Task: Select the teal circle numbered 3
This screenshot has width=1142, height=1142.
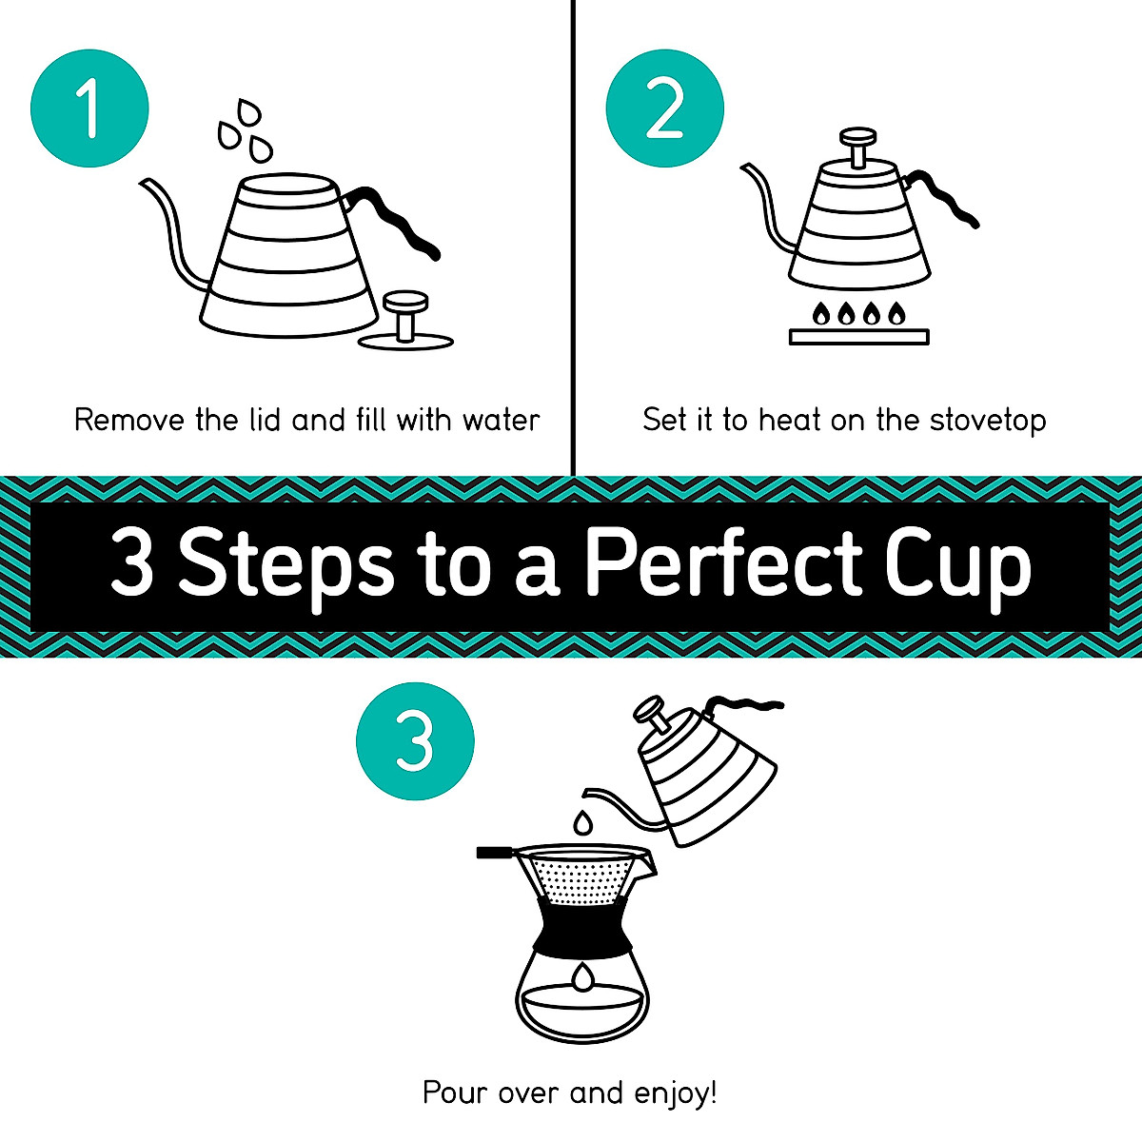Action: (x=415, y=740)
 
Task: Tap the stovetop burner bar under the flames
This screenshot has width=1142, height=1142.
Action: (x=858, y=336)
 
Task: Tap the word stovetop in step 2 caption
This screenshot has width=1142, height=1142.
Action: (x=988, y=421)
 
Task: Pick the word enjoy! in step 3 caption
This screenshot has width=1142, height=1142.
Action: (x=672, y=1093)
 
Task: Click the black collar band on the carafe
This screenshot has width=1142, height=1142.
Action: (x=582, y=926)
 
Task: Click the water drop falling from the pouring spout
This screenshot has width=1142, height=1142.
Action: (x=582, y=820)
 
